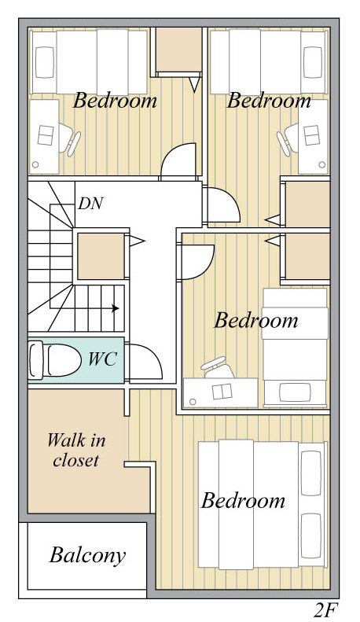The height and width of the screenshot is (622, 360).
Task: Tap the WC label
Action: [102, 359]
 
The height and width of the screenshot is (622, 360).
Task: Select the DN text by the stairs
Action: [90, 204]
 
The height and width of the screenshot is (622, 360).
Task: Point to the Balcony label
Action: [87, 555]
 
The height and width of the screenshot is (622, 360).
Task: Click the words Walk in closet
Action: [76, 451]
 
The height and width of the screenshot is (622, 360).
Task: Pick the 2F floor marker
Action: [328, 610]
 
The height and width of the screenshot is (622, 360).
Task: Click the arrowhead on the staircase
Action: [116, 307]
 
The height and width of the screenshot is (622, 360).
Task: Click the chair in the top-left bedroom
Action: [70, 138]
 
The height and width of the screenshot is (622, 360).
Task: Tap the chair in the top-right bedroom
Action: [288, 139]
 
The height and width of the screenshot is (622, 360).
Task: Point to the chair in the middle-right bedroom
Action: [218, 369]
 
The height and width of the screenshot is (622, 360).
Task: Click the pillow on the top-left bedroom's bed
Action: [44, 62]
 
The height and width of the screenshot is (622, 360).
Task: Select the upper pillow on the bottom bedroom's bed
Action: [311, 473]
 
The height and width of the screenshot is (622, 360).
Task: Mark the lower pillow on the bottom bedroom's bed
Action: [311, 536]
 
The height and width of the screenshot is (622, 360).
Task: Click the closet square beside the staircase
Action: [101, 256]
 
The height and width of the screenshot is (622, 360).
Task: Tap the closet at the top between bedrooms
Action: [178, 50]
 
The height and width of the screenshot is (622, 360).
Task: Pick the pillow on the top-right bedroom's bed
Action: [313, 62]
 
